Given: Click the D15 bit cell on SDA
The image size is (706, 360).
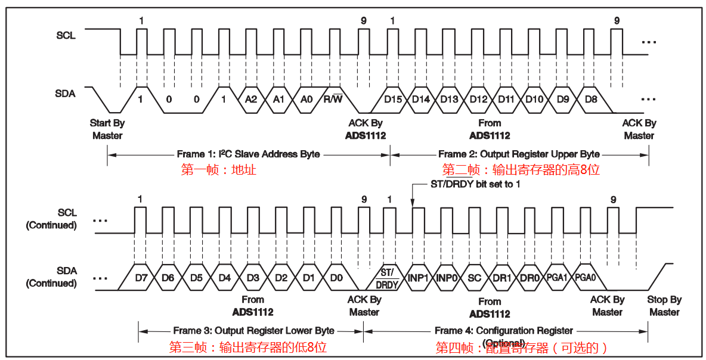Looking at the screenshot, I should click(x=392, y=100).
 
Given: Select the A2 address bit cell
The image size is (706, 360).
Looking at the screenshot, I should click(x=250, y=100).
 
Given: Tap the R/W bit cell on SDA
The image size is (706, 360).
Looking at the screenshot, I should click(x=333, y=100).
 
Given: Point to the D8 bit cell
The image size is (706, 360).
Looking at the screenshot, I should click(x=591, y=100).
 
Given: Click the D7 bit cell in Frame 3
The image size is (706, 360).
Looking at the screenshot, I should click(x=141, y=278).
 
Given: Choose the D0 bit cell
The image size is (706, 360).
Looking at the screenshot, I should click(x=336, y=278).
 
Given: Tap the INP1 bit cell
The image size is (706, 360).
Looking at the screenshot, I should click(x=418, y=278).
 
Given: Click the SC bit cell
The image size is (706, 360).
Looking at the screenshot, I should click(x=474, y=278).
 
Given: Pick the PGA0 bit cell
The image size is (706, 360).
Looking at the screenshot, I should click(x=585, y=278).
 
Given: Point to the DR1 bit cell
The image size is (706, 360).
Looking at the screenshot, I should click(x=502, y=278).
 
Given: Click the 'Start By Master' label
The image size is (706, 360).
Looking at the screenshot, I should click(x=107, y=129).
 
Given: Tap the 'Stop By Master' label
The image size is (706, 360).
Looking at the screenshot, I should click(x=664, y=306).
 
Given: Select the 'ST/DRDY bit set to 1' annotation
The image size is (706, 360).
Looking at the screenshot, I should click(x=475, y=184).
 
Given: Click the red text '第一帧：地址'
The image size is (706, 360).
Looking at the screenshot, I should click(x=219, y=169).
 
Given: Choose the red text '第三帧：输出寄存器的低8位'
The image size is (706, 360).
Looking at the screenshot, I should click(x=248, y=347).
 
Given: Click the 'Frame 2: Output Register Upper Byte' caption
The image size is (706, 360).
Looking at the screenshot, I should click(x=519, y=154).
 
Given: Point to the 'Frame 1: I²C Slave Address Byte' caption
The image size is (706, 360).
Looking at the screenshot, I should click(x=248, y=154).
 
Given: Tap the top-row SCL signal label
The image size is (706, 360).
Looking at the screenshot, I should click(x=66, y=35).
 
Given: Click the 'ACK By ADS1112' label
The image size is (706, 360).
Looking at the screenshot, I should click(x=366, y=129).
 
